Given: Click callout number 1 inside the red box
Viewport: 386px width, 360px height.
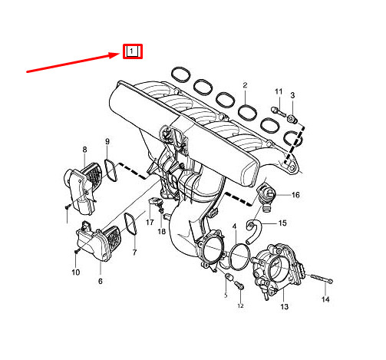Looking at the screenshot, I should [133, 51].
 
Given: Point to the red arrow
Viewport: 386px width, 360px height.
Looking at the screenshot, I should [73, 62].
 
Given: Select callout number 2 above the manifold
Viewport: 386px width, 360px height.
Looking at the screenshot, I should [245, 84].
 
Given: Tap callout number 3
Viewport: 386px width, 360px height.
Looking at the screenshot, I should [292, 94].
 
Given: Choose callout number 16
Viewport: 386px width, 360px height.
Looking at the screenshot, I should [295, 195].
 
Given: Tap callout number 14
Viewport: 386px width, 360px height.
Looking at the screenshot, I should [325, 299].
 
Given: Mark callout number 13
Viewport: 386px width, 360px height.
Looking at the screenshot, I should [285, 307].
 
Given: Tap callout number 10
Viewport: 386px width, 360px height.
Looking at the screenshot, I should [76, 272].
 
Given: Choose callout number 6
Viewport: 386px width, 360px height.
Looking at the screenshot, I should [100, 282].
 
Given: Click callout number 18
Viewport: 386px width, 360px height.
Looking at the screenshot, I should [162, 231].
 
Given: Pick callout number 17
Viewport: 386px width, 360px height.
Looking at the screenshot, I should [150, 222].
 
